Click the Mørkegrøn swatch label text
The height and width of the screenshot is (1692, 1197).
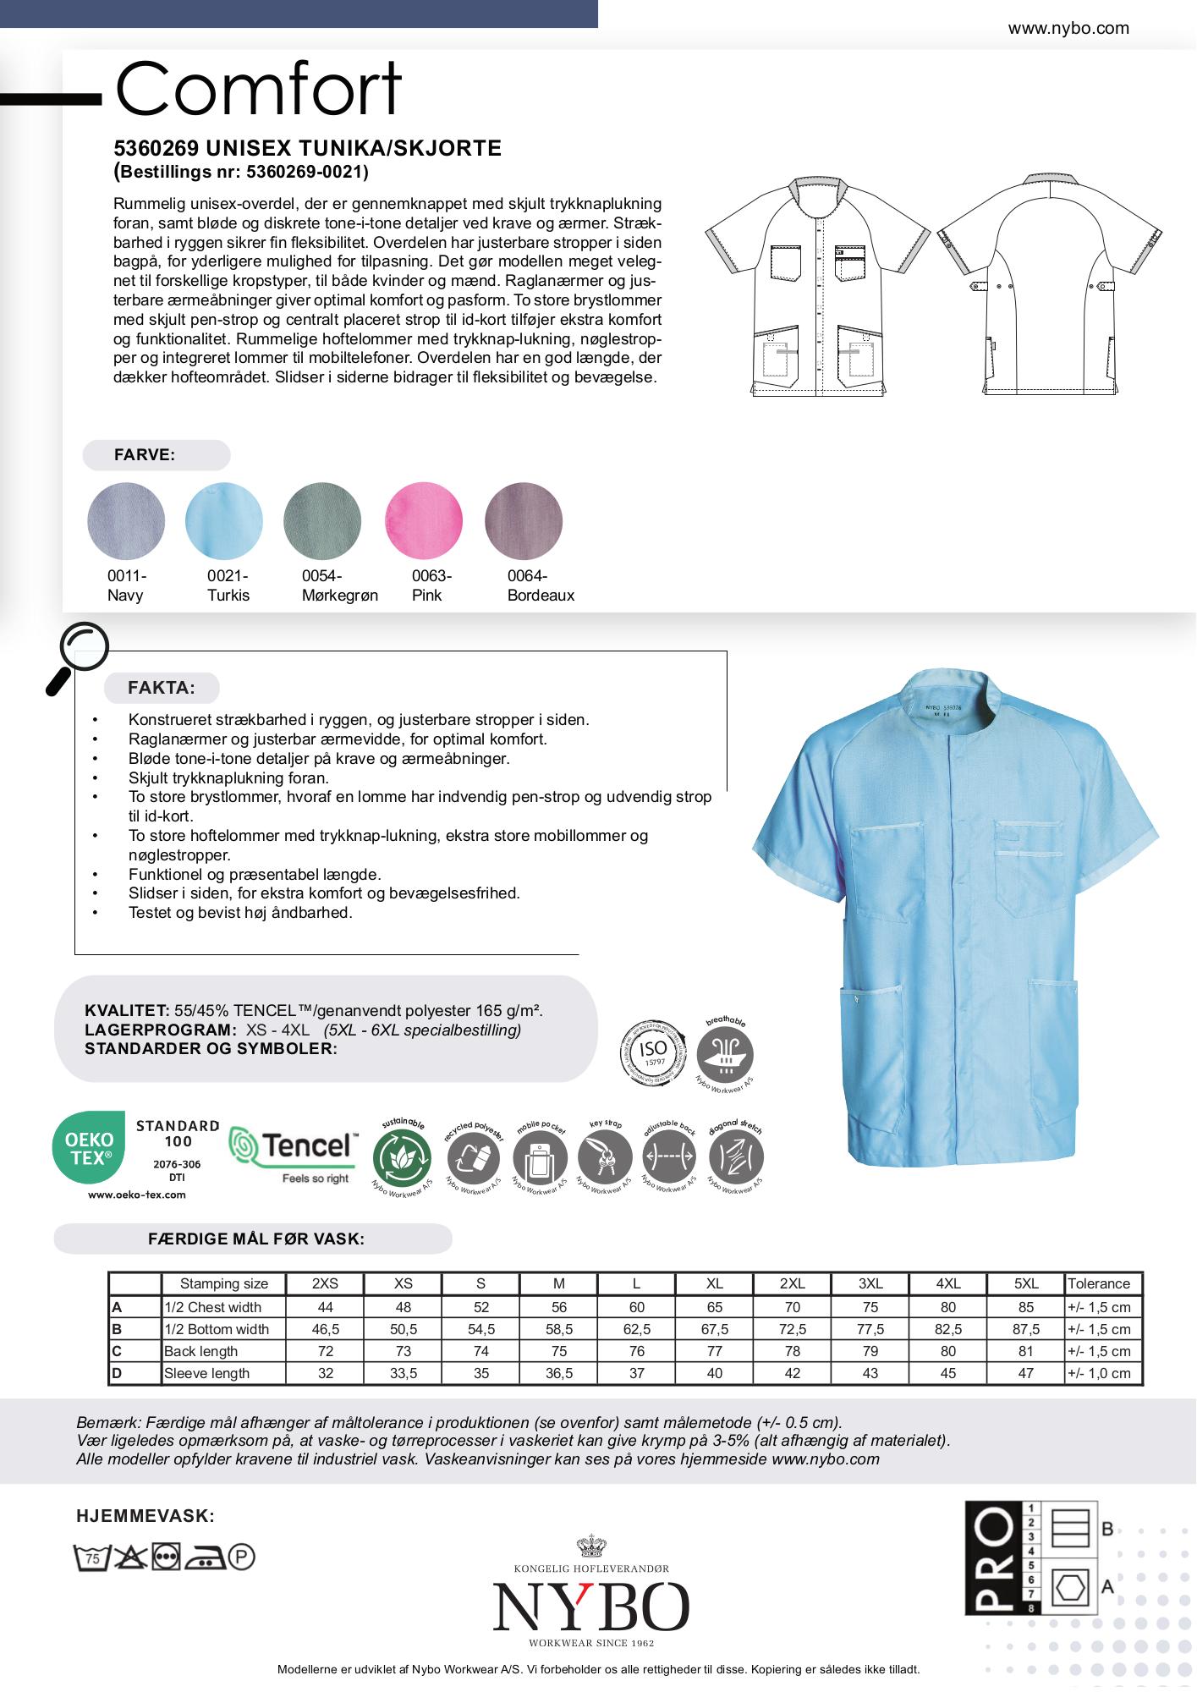pyautogui.click(x=339, y=585)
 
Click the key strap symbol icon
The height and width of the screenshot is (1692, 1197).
pyautogui.click(x=605, y=1156)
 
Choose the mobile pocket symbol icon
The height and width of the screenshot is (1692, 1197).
pyautogui.click(x=539, y=1158)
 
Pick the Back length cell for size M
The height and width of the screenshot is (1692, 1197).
pyautogui.click(x=558, y=1351)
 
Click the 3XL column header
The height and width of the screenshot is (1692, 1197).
pyautogui.click(x=870, y=1283)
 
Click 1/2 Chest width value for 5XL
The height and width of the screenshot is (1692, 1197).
pyautogui.click(x=1025, y=1307)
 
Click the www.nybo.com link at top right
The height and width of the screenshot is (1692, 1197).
pyautogui.click(x=1068, y=28)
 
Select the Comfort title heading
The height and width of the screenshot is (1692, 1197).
pyautogui.click(x=258, y=89)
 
